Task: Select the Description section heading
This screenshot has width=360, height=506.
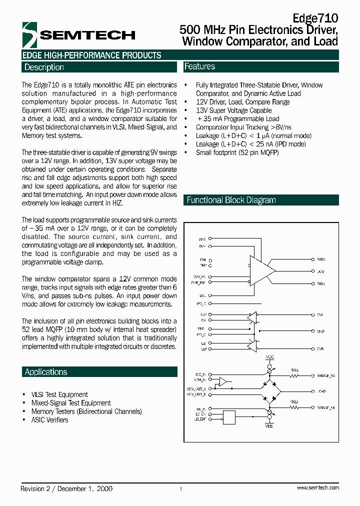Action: point(44,67)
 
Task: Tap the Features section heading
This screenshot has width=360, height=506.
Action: point(199,66)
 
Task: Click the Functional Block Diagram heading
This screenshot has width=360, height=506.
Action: point(231,200)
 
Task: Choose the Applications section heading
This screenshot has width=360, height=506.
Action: point(46,372)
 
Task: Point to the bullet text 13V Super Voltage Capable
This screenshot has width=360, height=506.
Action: point(233,110)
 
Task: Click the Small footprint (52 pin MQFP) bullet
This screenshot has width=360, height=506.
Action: point(237,152)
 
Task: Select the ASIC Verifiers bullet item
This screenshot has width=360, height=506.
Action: point(49,420)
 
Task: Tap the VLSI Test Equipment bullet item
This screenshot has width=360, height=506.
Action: point(59,394)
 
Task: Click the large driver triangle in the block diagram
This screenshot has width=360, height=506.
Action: point(261,271)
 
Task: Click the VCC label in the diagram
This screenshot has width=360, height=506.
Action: point(270,357)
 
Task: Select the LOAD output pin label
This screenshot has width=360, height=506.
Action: point(320,392)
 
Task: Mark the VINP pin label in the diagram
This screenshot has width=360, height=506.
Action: point(320,331)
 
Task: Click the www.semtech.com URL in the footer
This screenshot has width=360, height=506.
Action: point(317,487)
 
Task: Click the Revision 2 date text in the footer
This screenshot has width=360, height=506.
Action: point(66,488)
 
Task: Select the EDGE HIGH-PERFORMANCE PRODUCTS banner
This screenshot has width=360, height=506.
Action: point(92,55)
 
